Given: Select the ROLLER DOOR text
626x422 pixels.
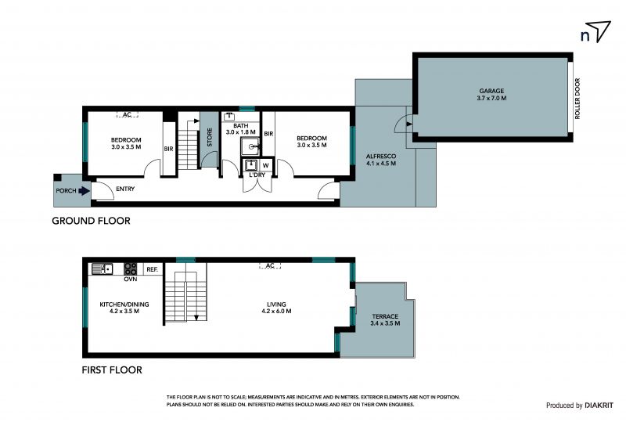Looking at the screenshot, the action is tap(577, 99).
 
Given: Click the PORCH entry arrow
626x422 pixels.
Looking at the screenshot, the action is tap(84, 191).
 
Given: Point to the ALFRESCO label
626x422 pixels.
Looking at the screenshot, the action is tap(381, 157).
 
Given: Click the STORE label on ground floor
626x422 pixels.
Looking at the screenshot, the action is tap(210, 137).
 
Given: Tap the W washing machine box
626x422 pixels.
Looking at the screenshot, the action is tap(265, 165).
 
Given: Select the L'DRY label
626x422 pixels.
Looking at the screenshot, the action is tap(257, 175).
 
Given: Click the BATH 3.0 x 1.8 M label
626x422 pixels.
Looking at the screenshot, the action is tap(241, 128).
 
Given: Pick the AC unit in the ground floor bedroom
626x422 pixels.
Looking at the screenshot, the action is tap(128, 114).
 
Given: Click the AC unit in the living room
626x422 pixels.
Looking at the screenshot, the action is tap(270, 265).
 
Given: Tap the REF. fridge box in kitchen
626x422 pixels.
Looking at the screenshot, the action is tap(152, 270).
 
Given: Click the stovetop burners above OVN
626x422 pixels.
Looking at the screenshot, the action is tap(130, 269).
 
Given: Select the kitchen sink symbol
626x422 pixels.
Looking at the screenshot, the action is tap(103, 269).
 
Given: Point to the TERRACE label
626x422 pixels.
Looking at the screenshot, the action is tap(385, 316).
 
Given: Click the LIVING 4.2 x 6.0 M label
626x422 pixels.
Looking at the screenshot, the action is tap(276, 308).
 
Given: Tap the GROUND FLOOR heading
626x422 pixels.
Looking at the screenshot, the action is tap(91, 221).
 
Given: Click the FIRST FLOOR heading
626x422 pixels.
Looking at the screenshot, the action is tap(112, 370).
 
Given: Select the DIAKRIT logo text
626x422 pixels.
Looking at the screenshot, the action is tap(599, 406).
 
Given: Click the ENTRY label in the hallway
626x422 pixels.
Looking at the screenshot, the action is tap(125, 189).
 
